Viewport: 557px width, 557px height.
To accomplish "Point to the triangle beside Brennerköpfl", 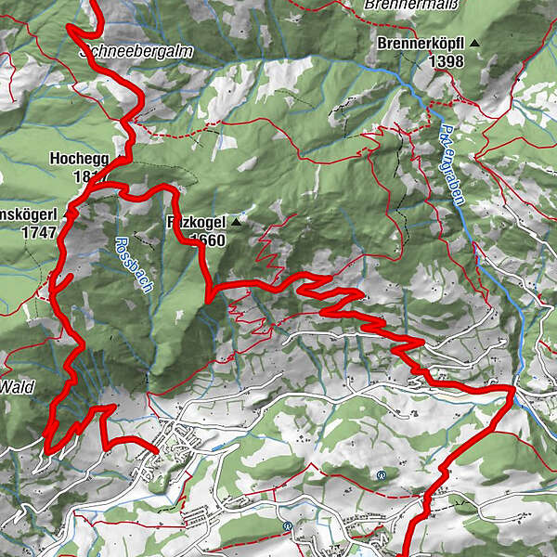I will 475,44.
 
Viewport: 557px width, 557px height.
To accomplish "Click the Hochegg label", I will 73,159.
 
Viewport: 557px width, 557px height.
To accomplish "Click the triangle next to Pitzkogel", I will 237,223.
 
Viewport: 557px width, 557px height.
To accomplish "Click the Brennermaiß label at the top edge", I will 401,5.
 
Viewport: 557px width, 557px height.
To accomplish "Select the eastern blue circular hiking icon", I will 382,474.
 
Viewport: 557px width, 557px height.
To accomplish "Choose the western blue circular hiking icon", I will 288,525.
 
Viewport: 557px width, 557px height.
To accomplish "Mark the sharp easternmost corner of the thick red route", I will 512,388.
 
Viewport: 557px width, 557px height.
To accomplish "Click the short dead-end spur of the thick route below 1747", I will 65,280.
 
